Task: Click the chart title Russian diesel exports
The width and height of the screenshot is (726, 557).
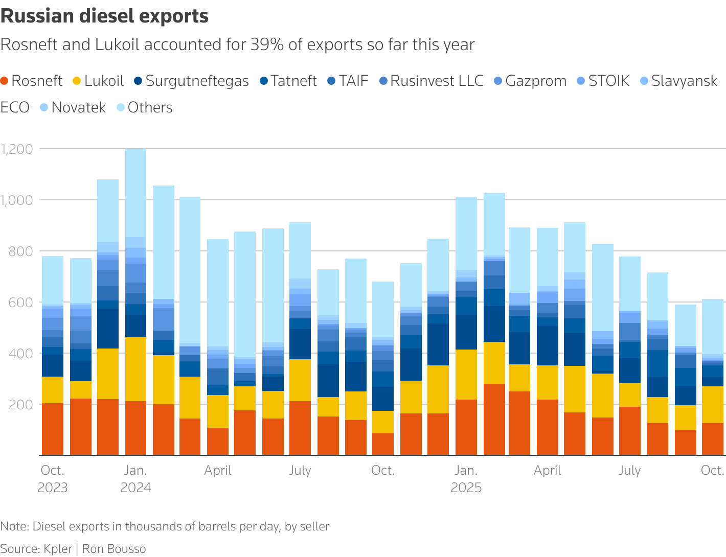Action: (104, 16)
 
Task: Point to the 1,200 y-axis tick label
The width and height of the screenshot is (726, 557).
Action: (17, 149)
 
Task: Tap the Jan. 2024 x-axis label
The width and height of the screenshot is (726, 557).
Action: (135, 479)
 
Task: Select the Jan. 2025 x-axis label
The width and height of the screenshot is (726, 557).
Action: (466, 479)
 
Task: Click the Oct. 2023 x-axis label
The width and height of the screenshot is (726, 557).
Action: (52, 479)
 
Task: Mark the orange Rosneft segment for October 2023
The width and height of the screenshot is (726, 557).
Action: (53, 429)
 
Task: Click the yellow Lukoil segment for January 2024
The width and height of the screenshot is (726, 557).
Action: (135, 369)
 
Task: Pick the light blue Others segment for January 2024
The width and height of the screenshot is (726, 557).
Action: (135, 193)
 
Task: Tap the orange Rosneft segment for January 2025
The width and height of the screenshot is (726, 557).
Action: (466, 427)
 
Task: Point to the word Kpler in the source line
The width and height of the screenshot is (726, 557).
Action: (57, 549)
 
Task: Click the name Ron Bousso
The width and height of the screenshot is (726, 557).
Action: (114, 549)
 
